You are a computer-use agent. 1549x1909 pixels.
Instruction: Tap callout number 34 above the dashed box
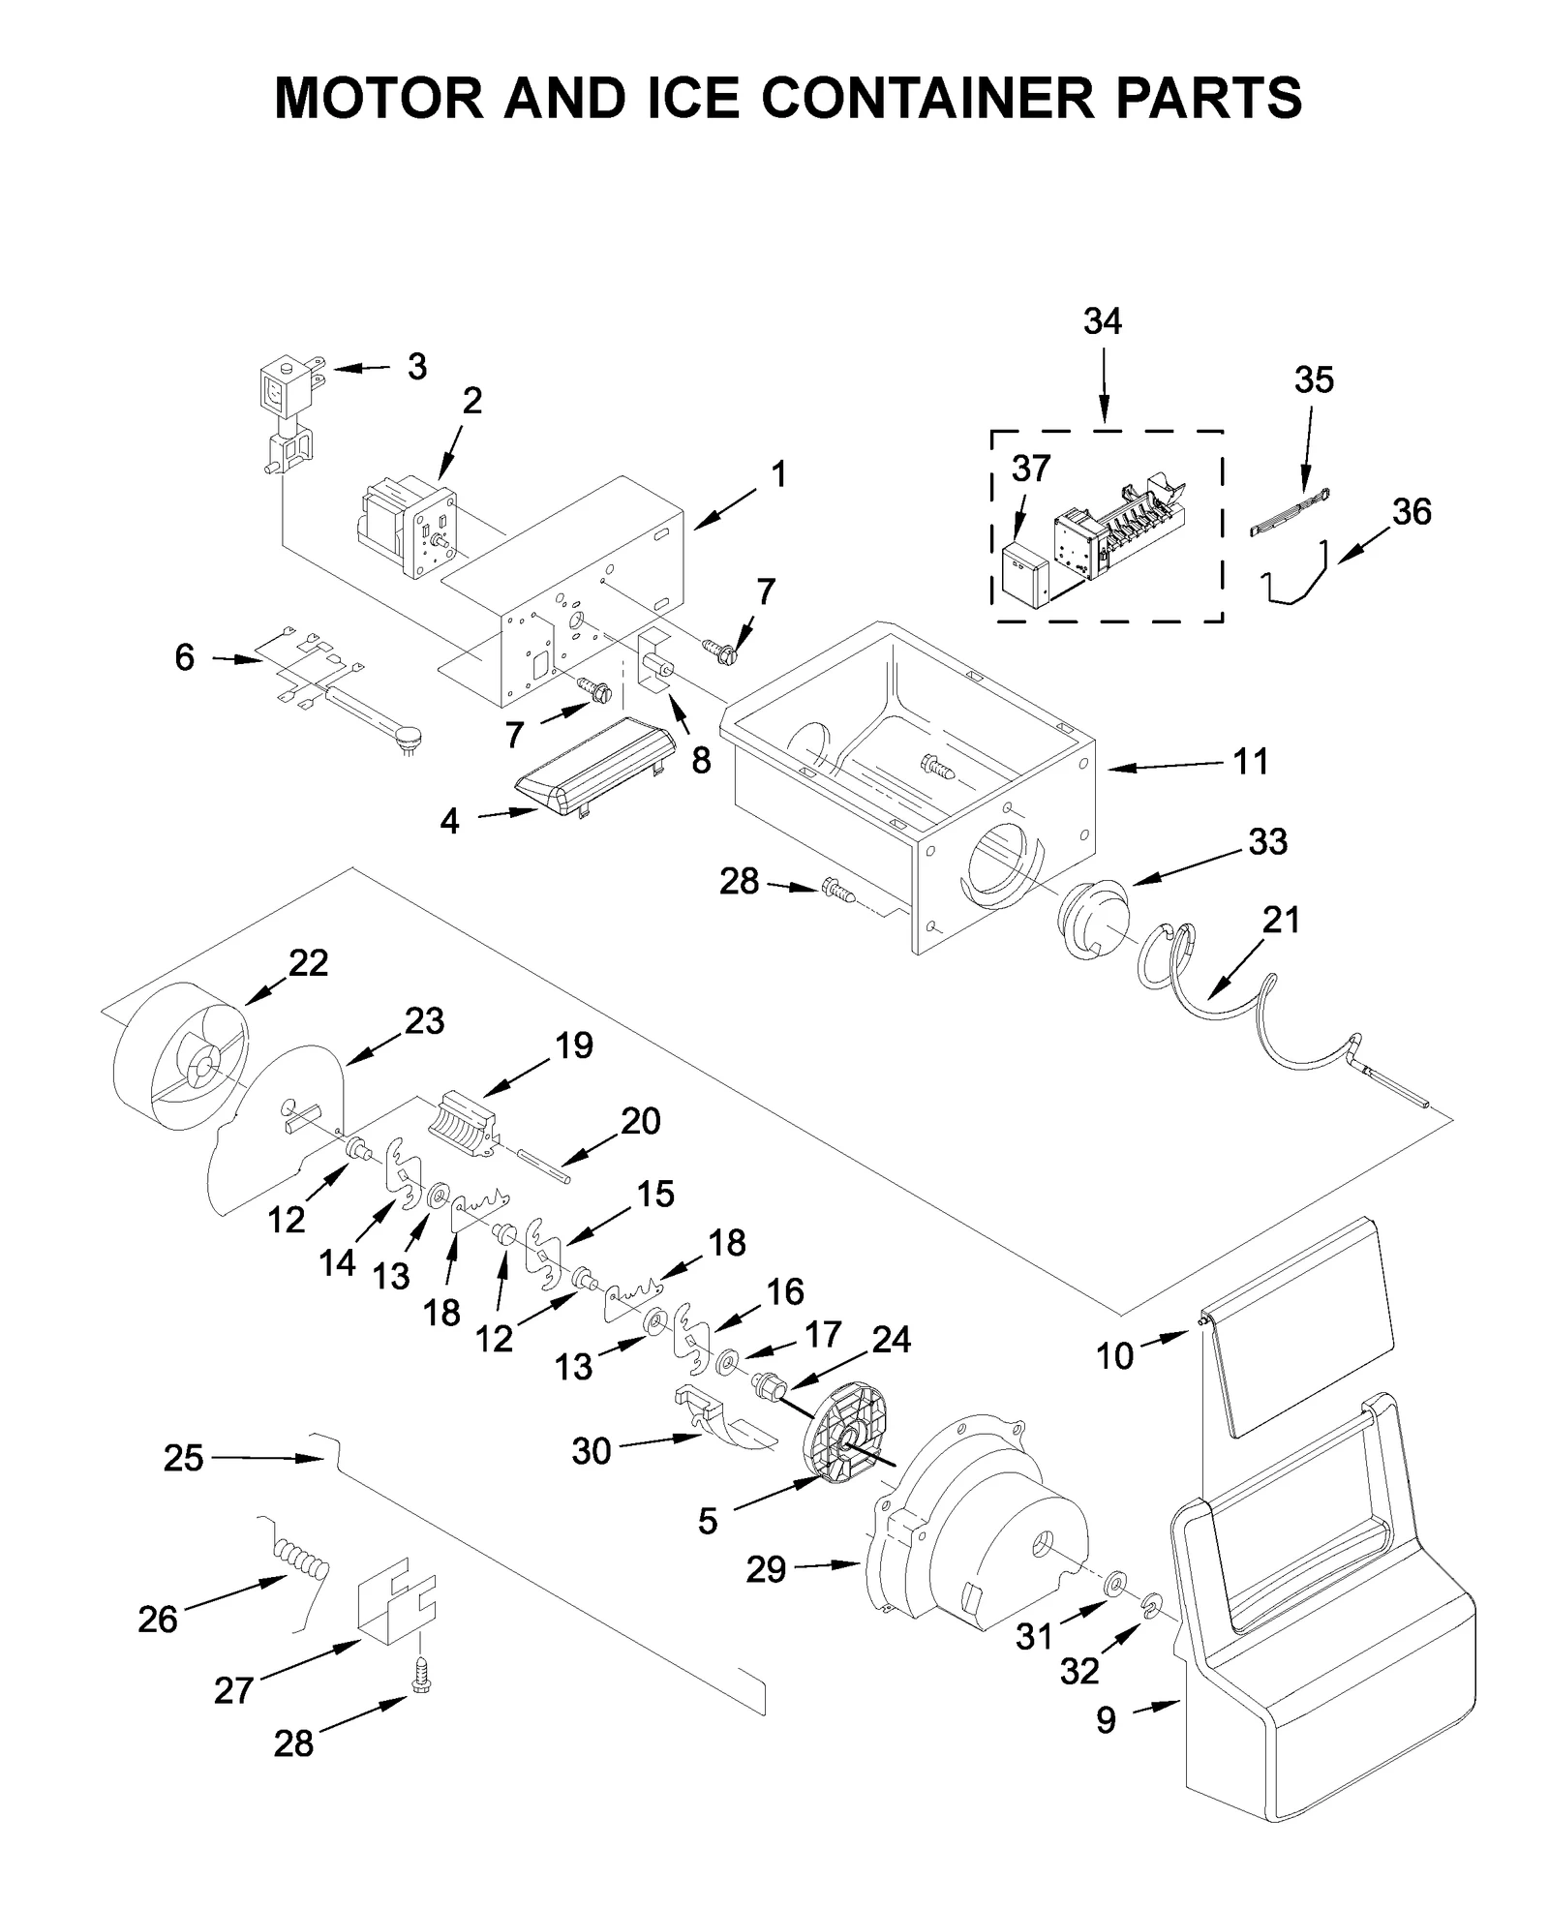(x=1102, y=321)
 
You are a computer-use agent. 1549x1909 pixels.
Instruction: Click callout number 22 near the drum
(x=308, y=962)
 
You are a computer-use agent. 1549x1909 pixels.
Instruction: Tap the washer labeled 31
(x=1114, y=1584)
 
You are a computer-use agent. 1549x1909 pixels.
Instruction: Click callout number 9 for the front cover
(x=1107, y=1719)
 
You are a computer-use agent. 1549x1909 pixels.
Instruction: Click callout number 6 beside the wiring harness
(x=185, y=658)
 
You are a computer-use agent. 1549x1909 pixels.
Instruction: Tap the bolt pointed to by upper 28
(x=837, y=889)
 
